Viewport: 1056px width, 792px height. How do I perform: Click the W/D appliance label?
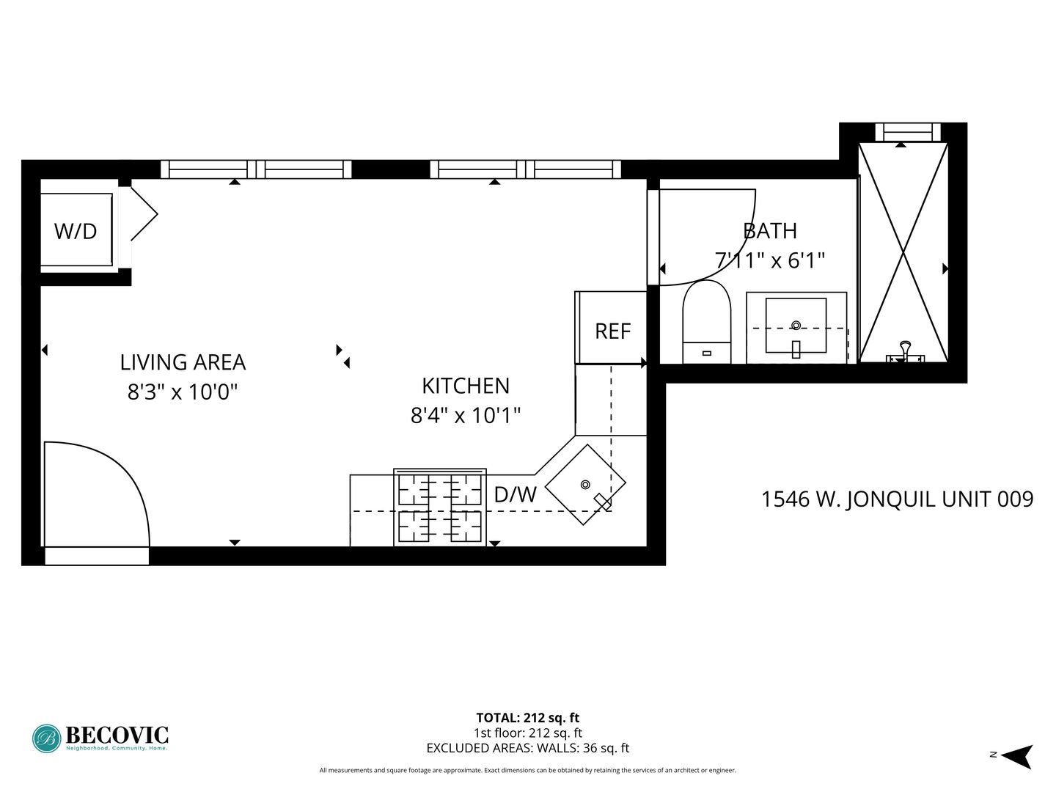click(x=76, y=231)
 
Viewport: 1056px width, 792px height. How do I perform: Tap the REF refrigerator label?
click(x=612, y=331)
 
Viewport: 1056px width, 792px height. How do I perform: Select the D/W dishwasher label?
click(x=516, y=494)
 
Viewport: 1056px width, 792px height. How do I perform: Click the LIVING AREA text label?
click(x=183, y=362)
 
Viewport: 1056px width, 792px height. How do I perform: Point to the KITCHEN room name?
click(x=466, y=386)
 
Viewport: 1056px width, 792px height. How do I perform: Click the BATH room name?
click(x=770, y=231)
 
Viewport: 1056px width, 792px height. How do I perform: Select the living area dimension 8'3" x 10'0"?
click(x=183, y=392)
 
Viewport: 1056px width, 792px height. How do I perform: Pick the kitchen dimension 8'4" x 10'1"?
click(x=466, y=415)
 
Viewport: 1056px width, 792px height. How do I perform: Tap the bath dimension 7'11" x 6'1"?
click(x=770, y=260)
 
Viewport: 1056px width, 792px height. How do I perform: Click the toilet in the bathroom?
click(x=707, y=322)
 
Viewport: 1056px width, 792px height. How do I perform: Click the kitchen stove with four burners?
click(x=440, y=507)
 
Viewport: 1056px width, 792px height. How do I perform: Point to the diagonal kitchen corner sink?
click(x=585, y=484)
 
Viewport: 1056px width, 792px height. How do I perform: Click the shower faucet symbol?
click(x=905, y=351)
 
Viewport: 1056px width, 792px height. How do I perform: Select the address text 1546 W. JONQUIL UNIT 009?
click(x=898, y=499)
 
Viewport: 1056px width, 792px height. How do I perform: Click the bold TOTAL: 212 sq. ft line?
click(x=528, y=718)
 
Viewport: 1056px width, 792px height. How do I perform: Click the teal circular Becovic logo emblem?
click(x=47, y=738)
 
